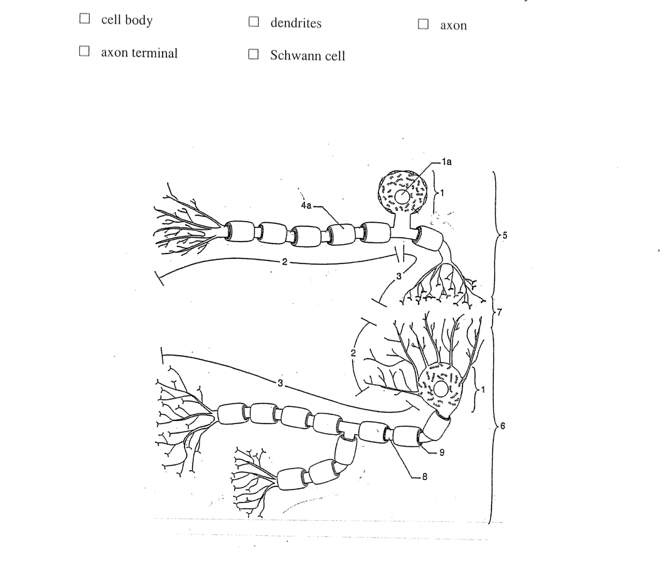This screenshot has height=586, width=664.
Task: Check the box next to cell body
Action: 84,19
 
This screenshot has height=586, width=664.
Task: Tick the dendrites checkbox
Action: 253,22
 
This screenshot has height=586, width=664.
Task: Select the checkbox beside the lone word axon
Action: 423,24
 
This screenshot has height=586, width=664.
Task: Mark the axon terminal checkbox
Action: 84,51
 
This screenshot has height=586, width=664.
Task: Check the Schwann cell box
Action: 253,54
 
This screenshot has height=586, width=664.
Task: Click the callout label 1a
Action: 446,161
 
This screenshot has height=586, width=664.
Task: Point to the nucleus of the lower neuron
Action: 441,390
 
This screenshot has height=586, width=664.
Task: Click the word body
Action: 138,20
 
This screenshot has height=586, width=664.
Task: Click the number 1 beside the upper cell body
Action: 442,192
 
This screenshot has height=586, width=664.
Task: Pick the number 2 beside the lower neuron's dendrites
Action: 353,353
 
